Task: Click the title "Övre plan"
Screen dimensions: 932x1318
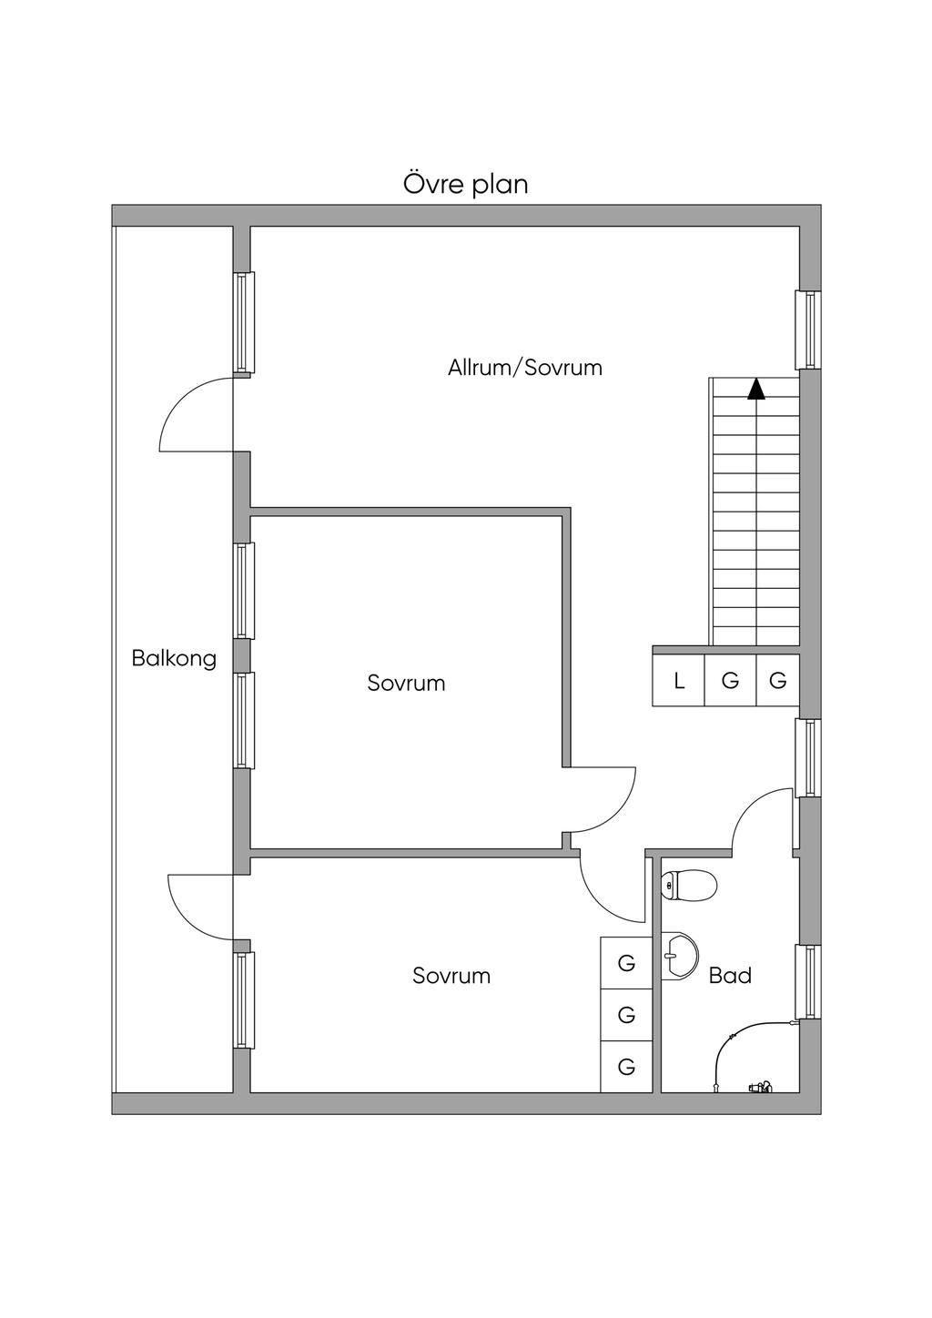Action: point(465,184)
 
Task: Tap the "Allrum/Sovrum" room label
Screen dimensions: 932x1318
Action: point(525,368)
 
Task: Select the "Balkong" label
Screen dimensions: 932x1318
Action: point(174,658)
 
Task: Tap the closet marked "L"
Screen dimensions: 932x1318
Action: point(678,681)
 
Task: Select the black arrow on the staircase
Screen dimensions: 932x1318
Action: point(756,390)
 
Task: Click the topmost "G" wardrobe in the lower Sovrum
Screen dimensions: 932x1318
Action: point(626,963)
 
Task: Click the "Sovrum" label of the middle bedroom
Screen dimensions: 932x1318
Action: point(406,684)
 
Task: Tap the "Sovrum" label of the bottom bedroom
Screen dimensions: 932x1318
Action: point(451,976)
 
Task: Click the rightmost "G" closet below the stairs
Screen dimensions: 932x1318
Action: point(778,681)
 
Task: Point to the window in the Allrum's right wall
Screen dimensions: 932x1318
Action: point(808,329)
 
